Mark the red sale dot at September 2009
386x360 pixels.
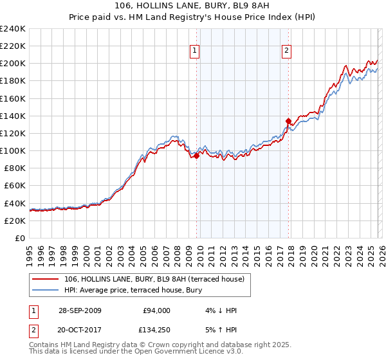[x=196, y=156]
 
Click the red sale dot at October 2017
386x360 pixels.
[x=288, y=120]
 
